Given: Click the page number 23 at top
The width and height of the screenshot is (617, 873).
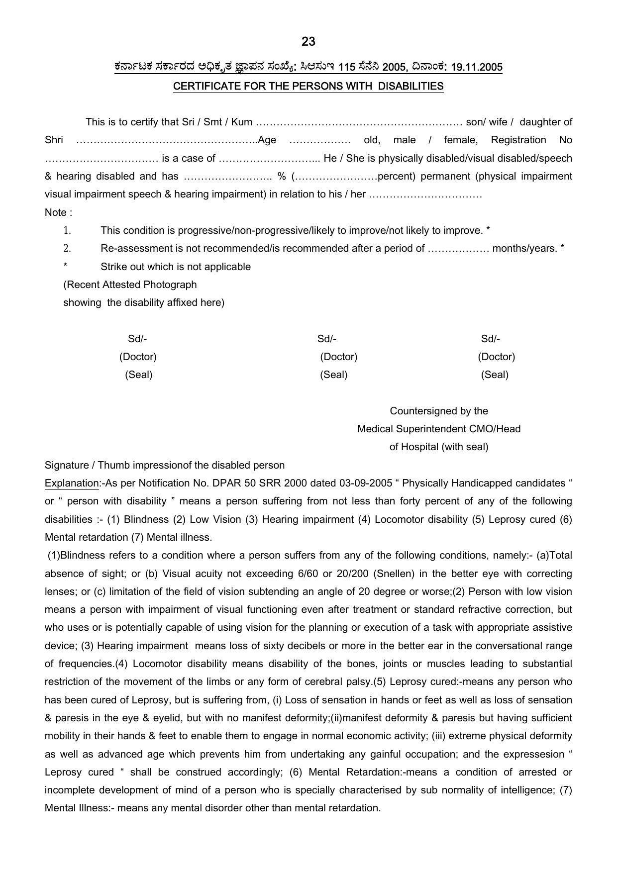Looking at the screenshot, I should tap(308, 42).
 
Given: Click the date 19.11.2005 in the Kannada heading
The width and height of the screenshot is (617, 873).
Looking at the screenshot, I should tap(476, 67).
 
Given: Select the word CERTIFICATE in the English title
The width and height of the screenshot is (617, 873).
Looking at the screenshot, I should tap(201, 86).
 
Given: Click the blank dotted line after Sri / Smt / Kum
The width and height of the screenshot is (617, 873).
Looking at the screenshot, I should tap(359, 122).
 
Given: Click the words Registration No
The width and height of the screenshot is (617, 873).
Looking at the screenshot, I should tap(531, 140).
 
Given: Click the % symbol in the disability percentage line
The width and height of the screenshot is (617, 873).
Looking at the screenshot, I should tap(282, 177).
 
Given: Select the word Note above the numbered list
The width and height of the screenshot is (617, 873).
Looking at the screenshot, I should tap(56, 213).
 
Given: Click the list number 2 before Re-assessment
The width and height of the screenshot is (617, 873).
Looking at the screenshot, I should tap(67, 248).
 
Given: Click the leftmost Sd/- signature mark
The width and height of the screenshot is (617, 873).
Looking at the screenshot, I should tap(137, 339).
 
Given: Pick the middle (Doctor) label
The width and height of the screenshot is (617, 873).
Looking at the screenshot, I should tap(338, 357).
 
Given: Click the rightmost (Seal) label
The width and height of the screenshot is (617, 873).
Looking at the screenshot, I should tap(494, 375).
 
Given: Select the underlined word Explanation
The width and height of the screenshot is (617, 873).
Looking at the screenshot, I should tap(72, 484).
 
